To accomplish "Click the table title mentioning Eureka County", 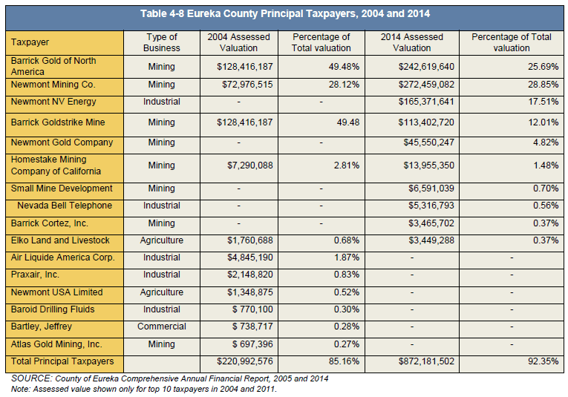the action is pos(285,14).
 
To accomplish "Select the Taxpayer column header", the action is pos(30,42).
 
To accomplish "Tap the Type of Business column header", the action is pos(162,42).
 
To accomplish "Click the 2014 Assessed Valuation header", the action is pos(412,42).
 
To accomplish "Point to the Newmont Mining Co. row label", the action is pos(53,85).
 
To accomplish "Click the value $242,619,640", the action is pos(426,67).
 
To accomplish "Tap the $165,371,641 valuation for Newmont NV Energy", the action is pos(426,102).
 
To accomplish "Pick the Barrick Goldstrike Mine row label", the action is pos(58,122).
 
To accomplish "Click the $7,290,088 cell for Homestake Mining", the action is pos(250,165).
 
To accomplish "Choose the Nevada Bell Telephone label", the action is pos(65,206).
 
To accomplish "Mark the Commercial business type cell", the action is pos(162,327).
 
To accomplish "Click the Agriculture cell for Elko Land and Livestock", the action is pos(162,240).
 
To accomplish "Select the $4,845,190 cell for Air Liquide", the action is pos(250,257).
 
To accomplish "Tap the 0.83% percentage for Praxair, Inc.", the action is pos(347,275).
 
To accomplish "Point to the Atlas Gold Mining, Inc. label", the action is pos(56,344).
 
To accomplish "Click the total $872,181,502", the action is pos(426,361).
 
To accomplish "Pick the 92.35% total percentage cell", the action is pos(543,361).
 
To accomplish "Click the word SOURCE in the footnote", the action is pos(30,378).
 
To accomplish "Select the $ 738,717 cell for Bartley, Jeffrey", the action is pos(252,327).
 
